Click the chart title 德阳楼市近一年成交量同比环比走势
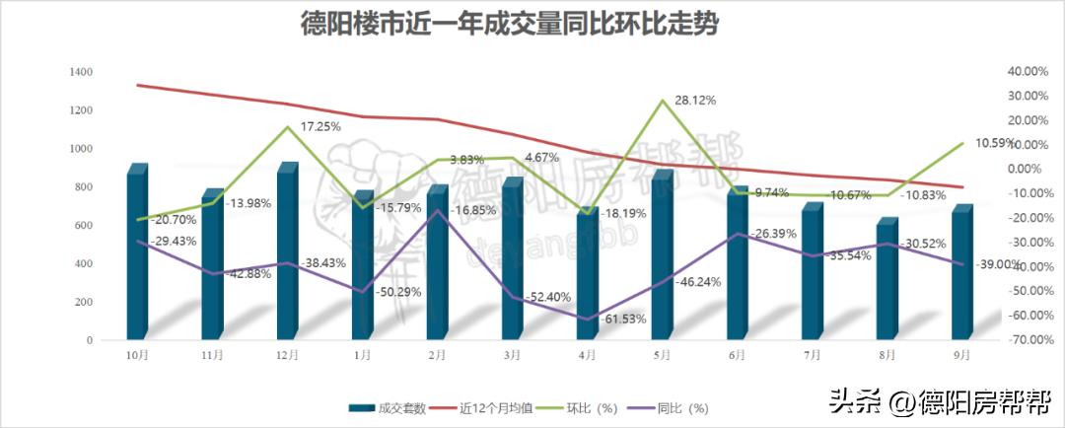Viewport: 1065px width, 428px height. (510, 25)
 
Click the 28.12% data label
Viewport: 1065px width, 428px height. (695, 100)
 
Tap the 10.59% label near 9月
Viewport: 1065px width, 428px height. (994, 143)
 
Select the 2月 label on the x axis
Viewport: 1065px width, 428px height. (437, 354)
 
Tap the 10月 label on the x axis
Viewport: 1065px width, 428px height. (137, 354)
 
